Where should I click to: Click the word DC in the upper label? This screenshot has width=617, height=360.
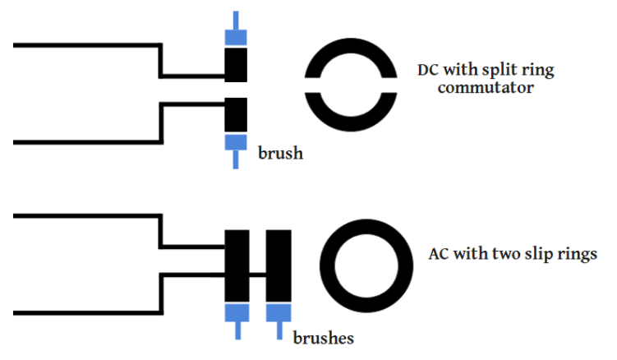point(429,70)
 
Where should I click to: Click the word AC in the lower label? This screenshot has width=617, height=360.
point(440,254)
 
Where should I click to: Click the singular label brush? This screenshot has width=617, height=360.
point(280,153)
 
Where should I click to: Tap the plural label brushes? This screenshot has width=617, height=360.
point(324,337)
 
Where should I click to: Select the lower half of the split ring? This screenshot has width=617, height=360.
point(351,113)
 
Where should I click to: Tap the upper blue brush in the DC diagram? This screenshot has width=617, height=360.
point(236,35)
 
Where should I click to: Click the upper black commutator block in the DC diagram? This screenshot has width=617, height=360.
point(236,64)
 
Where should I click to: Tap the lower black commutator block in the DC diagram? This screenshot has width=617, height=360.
point(236,113)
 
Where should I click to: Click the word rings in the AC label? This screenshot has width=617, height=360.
point(574,254)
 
